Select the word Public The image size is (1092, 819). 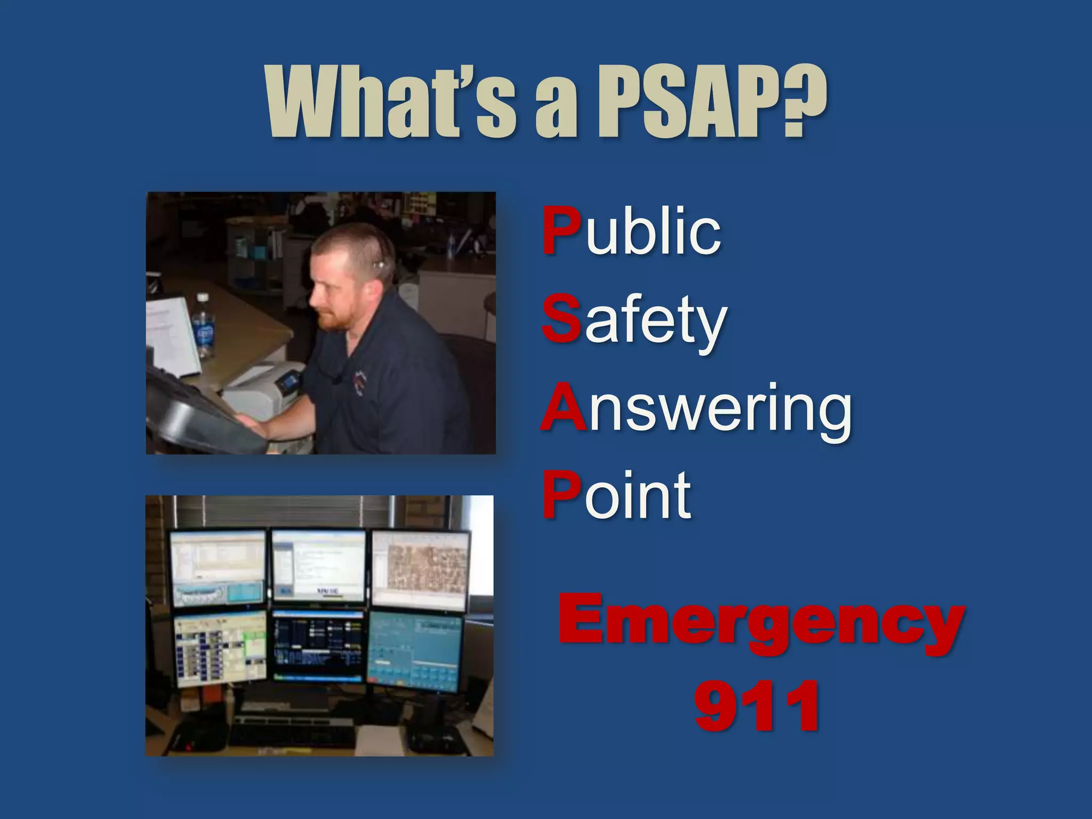(631, 232)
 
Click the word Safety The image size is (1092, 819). (635, 320)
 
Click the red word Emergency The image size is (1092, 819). (761, 624)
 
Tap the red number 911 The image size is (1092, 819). (757, 706)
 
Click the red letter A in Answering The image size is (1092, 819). (563, 408)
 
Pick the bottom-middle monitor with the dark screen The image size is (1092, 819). (318, 646)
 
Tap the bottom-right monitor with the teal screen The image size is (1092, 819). (415, 651)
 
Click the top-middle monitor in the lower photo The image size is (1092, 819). (319, 565)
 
